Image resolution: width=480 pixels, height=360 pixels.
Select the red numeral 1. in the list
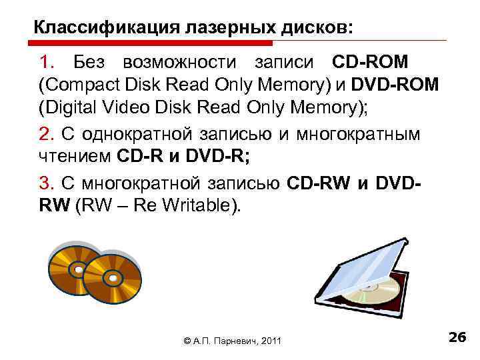point(49,63)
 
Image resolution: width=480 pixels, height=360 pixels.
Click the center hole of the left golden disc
point(77,269)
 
